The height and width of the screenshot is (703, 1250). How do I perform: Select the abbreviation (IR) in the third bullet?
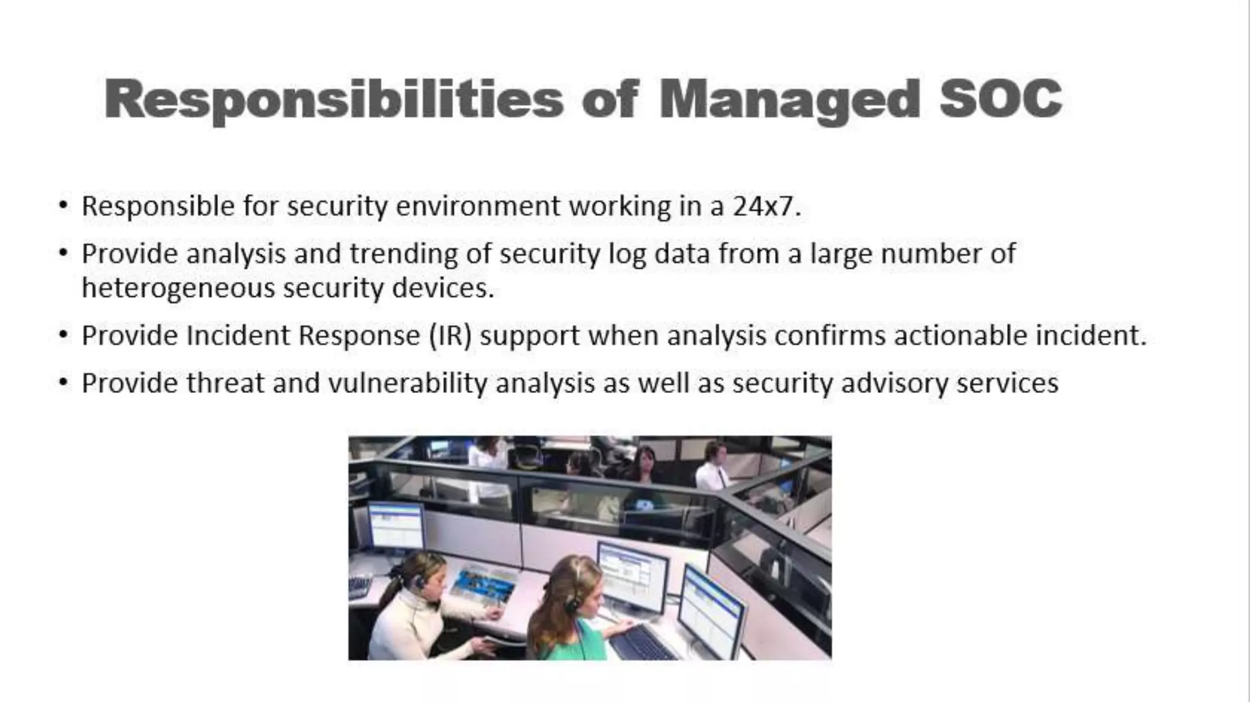click(x=450, y=336)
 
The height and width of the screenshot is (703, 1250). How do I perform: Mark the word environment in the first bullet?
click(x=478, y=206)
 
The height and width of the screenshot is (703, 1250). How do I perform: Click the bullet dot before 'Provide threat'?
click(x=63, y=383)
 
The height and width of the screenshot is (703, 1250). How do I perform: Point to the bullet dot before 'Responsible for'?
click(x=63, y=205)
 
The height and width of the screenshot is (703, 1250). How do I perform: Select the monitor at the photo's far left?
click(x=396, y=526)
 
